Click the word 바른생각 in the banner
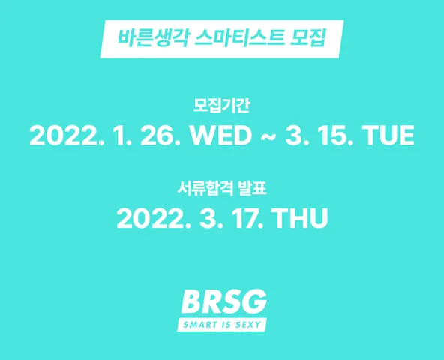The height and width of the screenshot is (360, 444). (153, 37)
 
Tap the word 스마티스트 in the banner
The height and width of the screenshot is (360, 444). (240, 37)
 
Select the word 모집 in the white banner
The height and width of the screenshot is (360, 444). (308, 37)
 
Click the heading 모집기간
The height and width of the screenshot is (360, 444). (221, 105)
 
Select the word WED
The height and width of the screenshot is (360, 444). (220, 136)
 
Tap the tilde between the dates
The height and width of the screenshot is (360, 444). (268, 136)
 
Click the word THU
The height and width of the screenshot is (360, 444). (301, 218)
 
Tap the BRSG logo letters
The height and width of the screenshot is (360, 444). (223, 301)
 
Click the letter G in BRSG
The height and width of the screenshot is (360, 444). (256, 301)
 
